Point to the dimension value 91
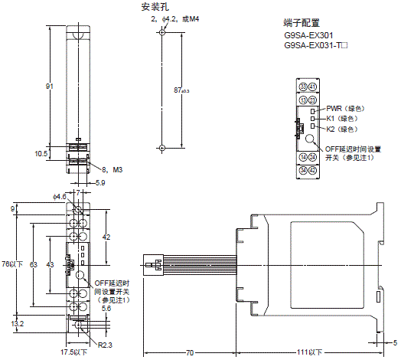[x=50, y=87]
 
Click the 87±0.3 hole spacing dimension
[x=181, y=90]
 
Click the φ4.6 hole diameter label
[x=60, y=197]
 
